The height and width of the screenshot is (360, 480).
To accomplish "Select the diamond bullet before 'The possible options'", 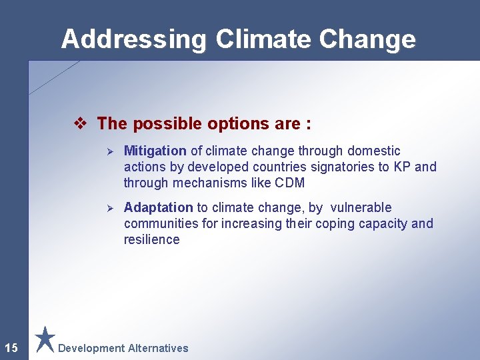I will click(x=80, y=124).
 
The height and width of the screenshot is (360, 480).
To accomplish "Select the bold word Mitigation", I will click(x=155, y=151).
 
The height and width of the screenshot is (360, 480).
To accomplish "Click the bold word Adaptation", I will click(x=158, y=208).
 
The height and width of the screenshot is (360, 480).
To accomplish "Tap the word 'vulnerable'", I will click(x=359, y=208).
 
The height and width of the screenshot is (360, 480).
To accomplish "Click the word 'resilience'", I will click(x=151, y=239).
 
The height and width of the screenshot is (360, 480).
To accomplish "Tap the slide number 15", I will click(x=11, y=347).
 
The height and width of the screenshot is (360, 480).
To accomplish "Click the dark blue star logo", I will click(x=45, y=339).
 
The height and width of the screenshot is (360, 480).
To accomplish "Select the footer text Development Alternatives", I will click(x=123, y=348).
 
